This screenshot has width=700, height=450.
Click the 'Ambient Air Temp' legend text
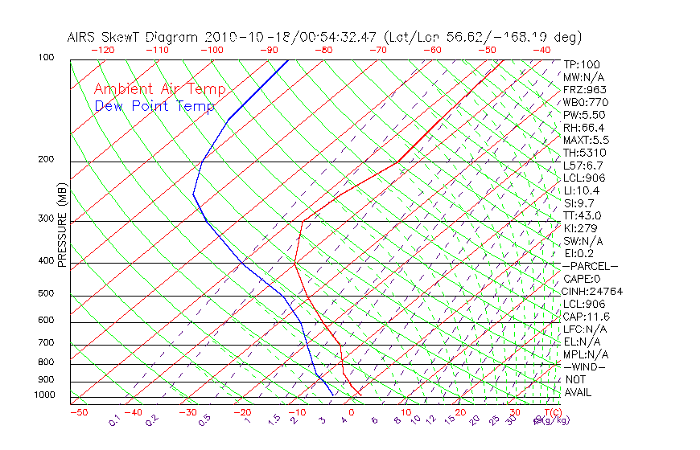click(x=159, y=89)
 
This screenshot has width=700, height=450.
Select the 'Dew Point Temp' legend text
click(x=154, y=106)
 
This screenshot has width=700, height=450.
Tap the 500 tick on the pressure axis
click(x=45, y=293)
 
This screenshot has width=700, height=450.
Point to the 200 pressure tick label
click(x=45, y=159)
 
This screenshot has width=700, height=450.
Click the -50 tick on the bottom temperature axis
click(x=78, y=412)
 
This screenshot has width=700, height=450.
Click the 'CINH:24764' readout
click(x=593, y=291)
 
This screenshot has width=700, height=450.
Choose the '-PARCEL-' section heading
click(x=590, y=266)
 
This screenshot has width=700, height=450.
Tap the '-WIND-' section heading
click(x=585, y=366)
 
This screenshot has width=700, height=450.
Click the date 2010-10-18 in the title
click(x=237, y=37)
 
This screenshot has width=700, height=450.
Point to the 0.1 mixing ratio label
click(x=115, y=419)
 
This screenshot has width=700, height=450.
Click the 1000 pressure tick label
click(x=45, y=395)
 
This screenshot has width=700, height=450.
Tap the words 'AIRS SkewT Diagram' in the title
click(x=134, y=37)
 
